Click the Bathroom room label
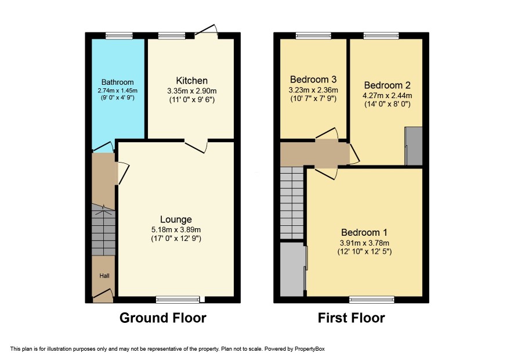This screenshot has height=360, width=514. pyautogui.click(x=117, y=82)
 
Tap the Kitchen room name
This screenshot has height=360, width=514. pyautogui.click(x=192, y=81)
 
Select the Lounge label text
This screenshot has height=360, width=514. pyautogui.click(x=176, y=219)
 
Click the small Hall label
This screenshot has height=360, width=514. pyautogui.click(x=104, y=276)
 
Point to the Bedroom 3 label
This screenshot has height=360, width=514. pyautogui.click(x=313, y=80)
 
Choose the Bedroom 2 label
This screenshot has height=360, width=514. pyautogui.click(x=387, y=85)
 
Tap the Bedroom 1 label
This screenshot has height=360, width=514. pyautogui.click(x=364, y=233)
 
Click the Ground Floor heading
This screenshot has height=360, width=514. pyautogui.click(x=163, y=318)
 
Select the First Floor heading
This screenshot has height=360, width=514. pyautogui.click(x=352, y=318)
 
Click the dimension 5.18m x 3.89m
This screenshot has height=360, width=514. pyautogui.click(x=176, y=230)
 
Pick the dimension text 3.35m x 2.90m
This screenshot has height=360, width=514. pyautogui.click(x=192, y=91)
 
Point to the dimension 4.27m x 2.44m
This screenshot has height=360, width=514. pyautogui.click(x=387, y=96)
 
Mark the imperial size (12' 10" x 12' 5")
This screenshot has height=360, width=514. pyautogui.click(x=364, y=251)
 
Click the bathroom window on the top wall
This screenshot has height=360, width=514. pyautogui.click(x=119, y=36)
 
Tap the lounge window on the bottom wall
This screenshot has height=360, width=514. pyautogui.click(x=178, y=299)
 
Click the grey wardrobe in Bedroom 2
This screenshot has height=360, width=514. pyautogui.click(x=414, y=146)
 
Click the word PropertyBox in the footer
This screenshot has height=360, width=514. pyautogui.click(x=309, y=349)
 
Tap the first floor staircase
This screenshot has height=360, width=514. pyautogui.click(x=292, y=203)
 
